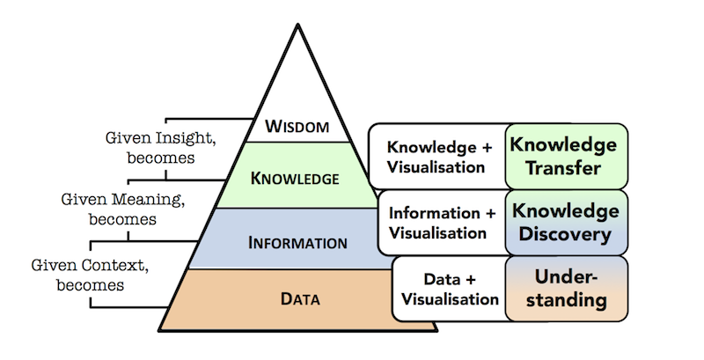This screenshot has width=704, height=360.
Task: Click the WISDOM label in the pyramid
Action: pos(297,126)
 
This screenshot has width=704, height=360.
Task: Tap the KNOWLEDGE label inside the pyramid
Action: pos(295,179)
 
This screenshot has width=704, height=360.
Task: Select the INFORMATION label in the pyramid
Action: pos(297,243)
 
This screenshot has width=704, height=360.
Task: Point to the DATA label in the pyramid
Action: pos(300,299)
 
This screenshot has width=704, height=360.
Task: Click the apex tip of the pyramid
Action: pos(297,25)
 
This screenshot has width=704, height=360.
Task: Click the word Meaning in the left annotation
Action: pos(148,199)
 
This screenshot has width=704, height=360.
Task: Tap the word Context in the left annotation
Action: pos(115,265)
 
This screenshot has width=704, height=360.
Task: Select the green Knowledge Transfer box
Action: pos(566,156)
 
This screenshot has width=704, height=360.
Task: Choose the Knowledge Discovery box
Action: pos(566,223)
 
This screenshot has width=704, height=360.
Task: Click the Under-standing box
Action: pos(566,289)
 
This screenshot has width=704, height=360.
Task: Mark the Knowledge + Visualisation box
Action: pos(437,156)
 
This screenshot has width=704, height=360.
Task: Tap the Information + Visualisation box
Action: pos(443,223)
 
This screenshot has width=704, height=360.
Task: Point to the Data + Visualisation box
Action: pos(450,289)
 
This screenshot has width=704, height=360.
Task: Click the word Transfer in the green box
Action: pos(563,168)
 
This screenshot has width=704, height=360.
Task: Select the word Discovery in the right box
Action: pos(565,234)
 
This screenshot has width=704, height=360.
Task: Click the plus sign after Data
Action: pos(470,279)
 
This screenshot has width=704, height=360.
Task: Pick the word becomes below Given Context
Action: pos(91,285)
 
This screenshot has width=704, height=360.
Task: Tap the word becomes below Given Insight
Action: pos(161,158)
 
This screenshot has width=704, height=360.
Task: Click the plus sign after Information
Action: pos(490,213)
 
